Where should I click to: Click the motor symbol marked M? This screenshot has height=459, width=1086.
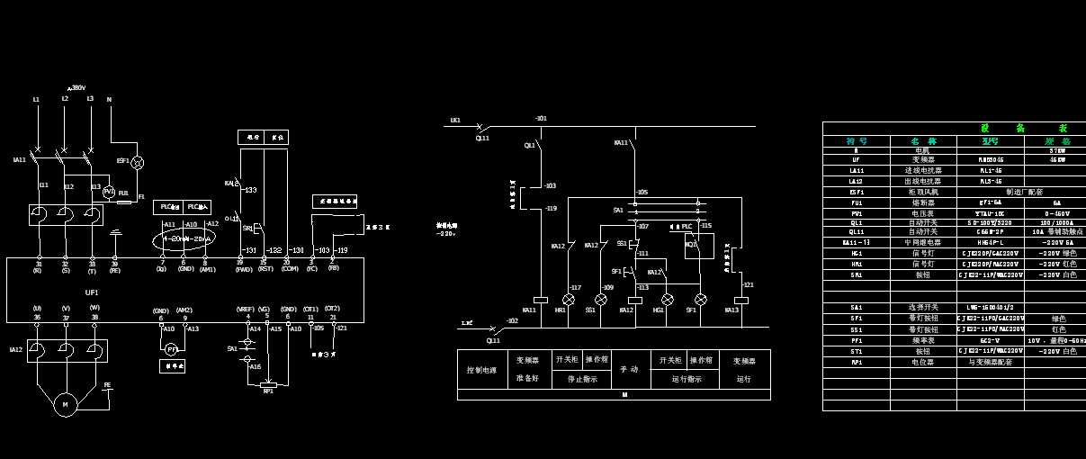(x=65, y=405)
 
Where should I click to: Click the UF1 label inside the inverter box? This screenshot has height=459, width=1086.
(x=92, y=292)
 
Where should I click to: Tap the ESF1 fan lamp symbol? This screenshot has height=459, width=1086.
(x=138, y=163)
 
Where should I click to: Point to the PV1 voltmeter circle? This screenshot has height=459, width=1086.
(x=109, y=192)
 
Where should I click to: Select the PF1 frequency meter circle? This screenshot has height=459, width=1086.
(x=171, y=348)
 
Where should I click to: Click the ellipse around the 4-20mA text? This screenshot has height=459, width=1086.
(x=184, y=239)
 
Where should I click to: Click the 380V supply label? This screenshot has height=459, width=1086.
(x=78, y=87)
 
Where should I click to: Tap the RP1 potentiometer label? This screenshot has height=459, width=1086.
(x=267, y=391)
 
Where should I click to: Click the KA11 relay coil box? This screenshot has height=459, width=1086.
(x=541, y=300)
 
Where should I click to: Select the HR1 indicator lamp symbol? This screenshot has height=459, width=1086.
(x=569, y=300)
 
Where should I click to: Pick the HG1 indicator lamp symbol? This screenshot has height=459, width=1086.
(x=668, y=300)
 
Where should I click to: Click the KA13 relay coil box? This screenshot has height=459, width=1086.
(x=741, y=300)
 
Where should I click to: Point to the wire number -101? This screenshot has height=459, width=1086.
(x=541, y=118)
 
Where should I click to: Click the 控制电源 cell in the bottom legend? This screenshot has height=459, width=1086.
(x=480, y=369)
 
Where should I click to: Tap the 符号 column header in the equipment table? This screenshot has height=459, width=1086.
(x=856, y=140)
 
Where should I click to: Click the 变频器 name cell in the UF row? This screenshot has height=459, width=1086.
(x=922, y=159)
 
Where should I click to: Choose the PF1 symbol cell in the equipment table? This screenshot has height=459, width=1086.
(x=856, y=341)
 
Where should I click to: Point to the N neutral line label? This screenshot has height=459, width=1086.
(x=109, y=99)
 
